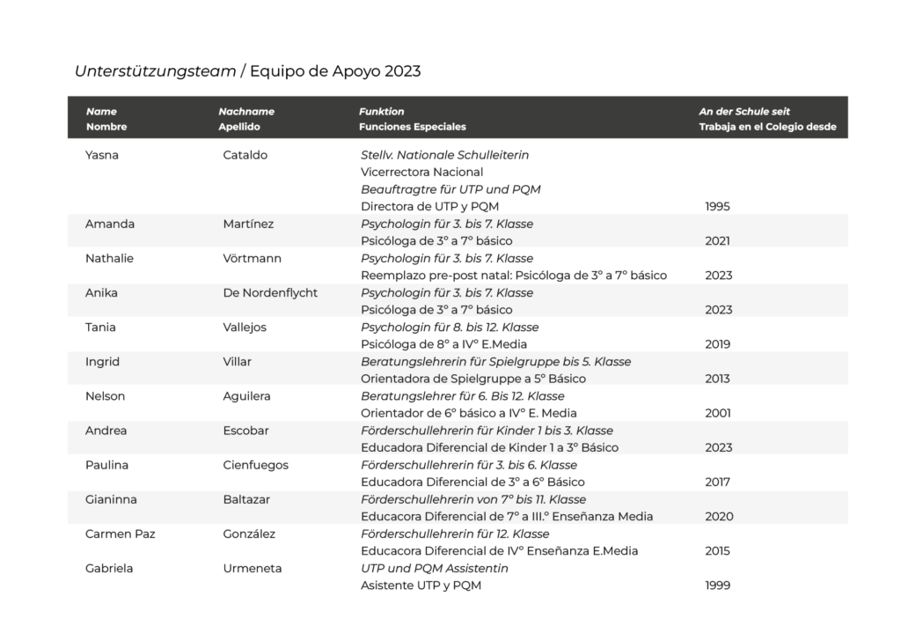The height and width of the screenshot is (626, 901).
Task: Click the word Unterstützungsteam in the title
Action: tap(155, 71)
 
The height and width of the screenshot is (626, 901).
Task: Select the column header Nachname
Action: tap(246, 112)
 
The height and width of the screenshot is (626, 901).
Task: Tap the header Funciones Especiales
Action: tap(412, 127)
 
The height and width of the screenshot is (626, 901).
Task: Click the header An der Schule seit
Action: tap(744, 112)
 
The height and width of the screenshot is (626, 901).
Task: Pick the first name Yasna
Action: tap(103, 155)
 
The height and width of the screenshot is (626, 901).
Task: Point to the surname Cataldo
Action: tap(245, 155)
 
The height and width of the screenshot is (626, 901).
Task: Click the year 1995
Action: tap(718, 207)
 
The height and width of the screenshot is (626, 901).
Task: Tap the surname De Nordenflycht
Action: tap(270, 292)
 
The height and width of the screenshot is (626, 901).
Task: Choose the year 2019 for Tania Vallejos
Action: tap(718, 344)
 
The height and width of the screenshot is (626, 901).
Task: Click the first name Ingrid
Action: tap(102, 361)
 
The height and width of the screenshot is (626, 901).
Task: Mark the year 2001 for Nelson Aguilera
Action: tap(718, 413)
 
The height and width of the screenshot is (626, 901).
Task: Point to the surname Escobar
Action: tap(246, 431)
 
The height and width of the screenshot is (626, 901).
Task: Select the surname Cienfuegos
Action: tap(256, 465)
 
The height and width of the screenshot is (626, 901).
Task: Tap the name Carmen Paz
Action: tap(119, 534)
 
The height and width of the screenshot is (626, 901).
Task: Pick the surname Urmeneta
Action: tap(253, 568)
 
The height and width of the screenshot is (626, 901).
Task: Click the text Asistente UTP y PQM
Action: tap(421, 585)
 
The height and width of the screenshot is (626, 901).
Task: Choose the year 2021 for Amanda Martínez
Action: tap(718, 241)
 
